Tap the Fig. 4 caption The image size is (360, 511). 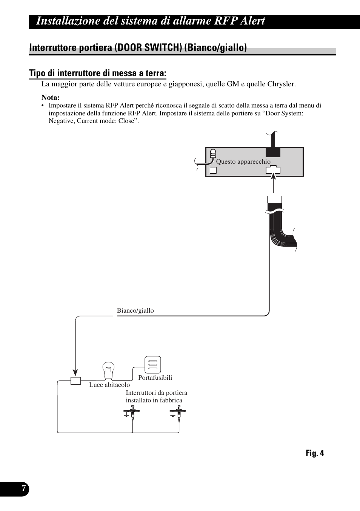pyautogui.click(x=315, y=453)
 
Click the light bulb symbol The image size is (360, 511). pyautogui.click(x=108, y=371)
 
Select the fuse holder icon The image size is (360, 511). pyautogui.click(x=153, y=365)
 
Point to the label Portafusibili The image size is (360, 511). pyautogui.click(x=155, y=377)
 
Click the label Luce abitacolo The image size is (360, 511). pyautogui.click(x=109, y=385)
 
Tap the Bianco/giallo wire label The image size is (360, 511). pyautogui.click(x=135, y=310)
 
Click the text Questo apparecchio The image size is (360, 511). pyautogui.click(x=243, y=161)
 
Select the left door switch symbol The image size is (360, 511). pyautogui.click(x=132, y=414)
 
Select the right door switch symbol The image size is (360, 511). pyautogui.click(x=178, y=414)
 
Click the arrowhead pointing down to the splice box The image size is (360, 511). pyautogui.click(x=75, y=373)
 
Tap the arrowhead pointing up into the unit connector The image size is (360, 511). pyautogui.click(x=273, y=176)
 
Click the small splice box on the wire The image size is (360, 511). pyautogui.click(x=76, y=381)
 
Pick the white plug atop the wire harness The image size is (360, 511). pyautogui.click(x=274, y=199)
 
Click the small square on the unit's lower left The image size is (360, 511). pyautogui.click(x=213, y=170)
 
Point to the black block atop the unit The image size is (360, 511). pyautogui.click(x=273, y=152)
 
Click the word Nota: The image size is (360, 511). pyautogui.click(x=51, y=97)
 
